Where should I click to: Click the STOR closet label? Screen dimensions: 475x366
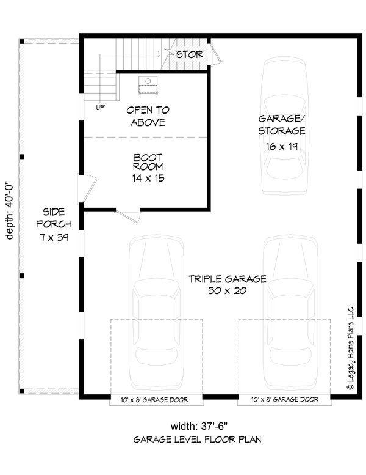click(189, 54)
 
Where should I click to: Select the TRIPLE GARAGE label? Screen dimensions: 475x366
click(227, 279)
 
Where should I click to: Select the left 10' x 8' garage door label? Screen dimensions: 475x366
click(157, 400)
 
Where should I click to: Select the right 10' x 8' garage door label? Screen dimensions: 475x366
click(284, 400)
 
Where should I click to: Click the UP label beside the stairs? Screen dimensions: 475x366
click(100, 108)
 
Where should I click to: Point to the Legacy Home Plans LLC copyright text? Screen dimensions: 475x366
click(351, 348)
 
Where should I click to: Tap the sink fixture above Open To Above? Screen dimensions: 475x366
click(149, 84)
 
